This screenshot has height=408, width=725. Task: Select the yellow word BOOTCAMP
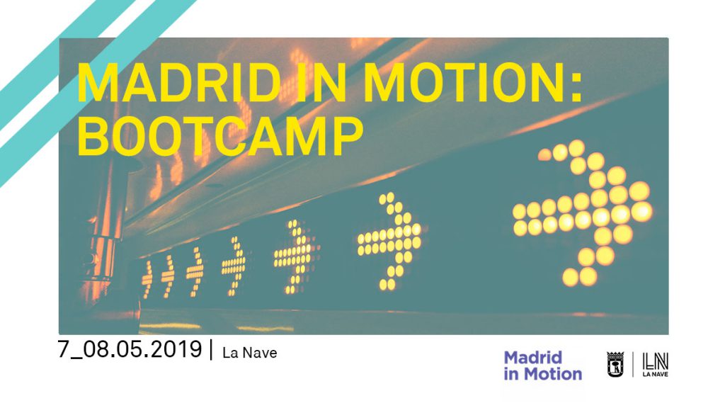(220, 136)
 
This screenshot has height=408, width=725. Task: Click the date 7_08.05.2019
(130, 349)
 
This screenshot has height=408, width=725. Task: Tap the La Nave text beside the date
(250, 353)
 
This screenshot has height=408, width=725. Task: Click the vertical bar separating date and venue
(212, 350)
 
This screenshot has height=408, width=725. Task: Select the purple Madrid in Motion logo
(543, 365)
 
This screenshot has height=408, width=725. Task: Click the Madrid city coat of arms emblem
(615, 364)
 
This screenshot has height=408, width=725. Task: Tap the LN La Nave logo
(655, 365)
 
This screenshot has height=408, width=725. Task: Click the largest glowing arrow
(583, 212)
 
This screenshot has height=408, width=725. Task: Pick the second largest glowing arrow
(391, 242)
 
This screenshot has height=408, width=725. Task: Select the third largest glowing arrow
(296, 257)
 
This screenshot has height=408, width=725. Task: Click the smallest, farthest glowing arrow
(147, 279)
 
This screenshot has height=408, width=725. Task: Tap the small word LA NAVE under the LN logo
(655, 374)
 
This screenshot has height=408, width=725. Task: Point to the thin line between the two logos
(633, 364)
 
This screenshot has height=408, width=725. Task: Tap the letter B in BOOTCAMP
(90, 136)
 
